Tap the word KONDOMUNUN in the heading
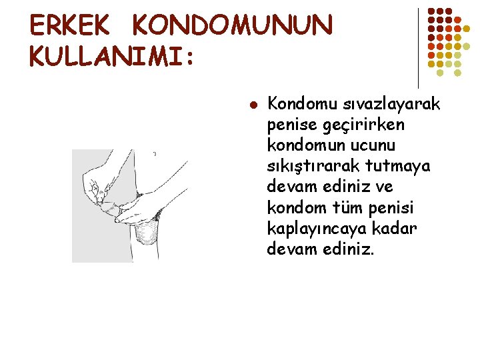(232, 26)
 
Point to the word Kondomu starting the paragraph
(297, 104)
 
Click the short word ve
(384, 187)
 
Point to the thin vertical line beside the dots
(418, 47)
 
